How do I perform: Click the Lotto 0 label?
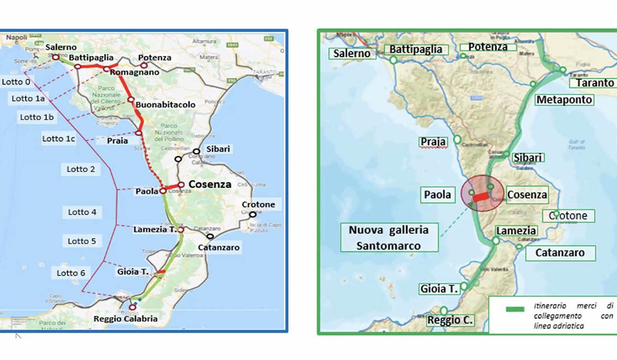16,82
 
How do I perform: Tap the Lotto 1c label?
59,139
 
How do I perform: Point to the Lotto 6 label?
71,273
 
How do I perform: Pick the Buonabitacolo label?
166,105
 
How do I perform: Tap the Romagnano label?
134,73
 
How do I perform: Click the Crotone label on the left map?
258,205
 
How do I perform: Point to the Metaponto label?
564,100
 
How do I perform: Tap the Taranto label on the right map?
595,83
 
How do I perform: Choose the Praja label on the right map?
432,142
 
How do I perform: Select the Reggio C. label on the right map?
450,321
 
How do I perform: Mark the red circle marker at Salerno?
55,57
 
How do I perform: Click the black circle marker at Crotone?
253,215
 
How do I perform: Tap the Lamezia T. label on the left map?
155,230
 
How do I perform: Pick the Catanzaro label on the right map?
559,253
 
